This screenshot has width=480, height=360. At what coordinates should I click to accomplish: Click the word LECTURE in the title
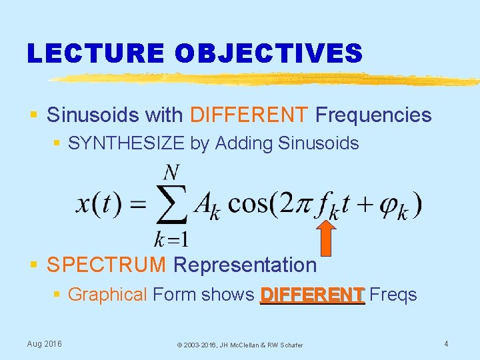coord(94,53)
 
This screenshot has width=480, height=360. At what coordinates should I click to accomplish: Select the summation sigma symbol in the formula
coord(171,205)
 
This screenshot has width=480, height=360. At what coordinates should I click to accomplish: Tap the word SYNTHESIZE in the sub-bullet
coord(127,143)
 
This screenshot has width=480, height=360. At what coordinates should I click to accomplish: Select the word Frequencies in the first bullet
coord(373,115)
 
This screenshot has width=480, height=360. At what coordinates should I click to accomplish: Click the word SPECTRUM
coord(107,265)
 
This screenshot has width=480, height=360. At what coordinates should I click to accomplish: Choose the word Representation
coord(245,265)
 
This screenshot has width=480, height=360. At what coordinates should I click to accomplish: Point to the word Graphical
coord(107,294)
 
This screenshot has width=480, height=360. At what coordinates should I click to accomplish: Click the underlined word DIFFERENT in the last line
coord(312,294)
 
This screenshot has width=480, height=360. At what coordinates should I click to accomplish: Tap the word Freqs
coord(393,294)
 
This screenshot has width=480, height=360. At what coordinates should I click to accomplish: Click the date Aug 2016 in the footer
coord(44,343)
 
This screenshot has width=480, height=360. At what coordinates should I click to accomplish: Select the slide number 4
coord(446,343)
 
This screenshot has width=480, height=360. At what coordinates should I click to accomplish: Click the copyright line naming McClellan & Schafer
coord(239,345)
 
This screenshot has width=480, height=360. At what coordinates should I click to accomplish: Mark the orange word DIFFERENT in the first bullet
coord(249,115)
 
